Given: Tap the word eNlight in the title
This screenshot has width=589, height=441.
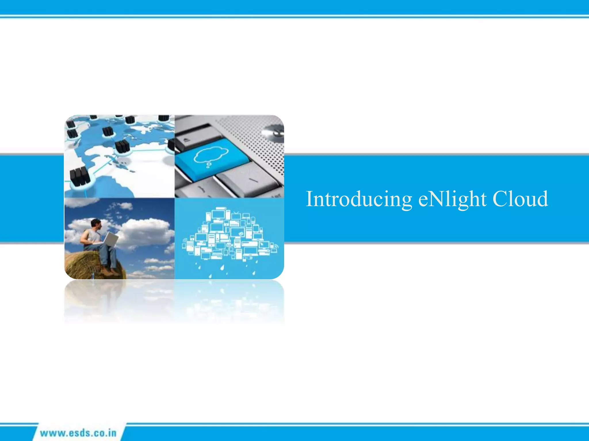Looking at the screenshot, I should click(452, 199).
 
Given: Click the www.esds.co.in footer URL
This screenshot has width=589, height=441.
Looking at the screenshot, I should click(78, 433).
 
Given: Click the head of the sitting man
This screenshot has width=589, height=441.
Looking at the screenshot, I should click(96, 224).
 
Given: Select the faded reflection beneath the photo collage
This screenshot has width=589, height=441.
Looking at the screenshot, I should click(174, 301).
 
